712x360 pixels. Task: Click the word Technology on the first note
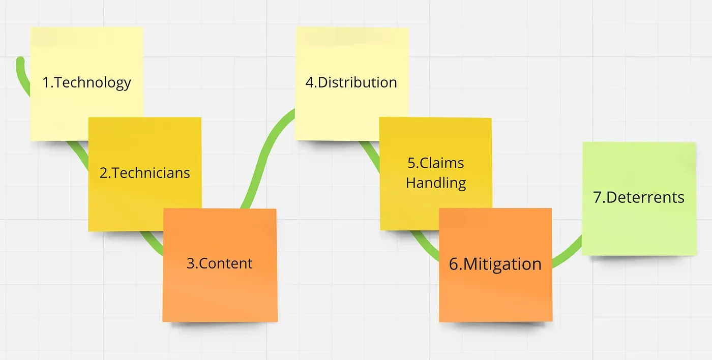[x=93, y=82]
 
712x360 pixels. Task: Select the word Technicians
[x=151, y=173]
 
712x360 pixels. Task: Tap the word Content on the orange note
[x=226, y=263]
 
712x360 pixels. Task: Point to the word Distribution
[x=357, y=82]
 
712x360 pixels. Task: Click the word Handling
[x=436, y=183]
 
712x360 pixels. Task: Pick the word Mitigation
[x=502, y=264]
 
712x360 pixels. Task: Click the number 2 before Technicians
[x=104, y=173]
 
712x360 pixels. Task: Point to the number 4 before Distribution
[x=309, y=82]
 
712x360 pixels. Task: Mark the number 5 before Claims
[x=411, y=163]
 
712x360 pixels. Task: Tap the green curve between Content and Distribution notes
[x=264, y=153]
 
